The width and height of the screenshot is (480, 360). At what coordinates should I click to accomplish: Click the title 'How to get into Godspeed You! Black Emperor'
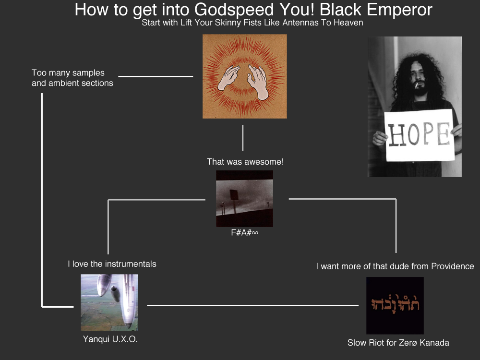(x=253, y=10)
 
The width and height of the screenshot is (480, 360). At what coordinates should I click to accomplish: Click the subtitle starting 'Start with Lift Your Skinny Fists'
(x=252, y=23)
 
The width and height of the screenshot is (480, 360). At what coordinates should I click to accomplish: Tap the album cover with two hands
(x=244, y=76)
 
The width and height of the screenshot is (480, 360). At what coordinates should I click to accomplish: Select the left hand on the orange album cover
(x=229, y=78)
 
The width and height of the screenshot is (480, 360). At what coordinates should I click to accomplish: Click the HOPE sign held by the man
(x=420, y=135)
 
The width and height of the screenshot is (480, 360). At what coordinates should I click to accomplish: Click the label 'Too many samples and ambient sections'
(x=72, y=78)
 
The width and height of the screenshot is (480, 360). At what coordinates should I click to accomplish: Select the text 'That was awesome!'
(x=245, y=162)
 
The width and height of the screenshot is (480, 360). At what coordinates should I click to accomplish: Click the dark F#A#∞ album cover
(x=244, y=198)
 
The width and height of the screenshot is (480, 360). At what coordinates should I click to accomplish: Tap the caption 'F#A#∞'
(x=244, y=234)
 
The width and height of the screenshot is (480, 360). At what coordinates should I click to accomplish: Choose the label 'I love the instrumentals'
(x=112, y=264)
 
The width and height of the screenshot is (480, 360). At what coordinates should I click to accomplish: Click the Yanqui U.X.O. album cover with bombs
(x=109, y=302)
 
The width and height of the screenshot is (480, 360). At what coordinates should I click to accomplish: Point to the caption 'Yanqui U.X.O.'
(x=110, y=339)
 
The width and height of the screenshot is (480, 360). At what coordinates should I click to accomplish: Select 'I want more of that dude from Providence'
(x=395, y=266)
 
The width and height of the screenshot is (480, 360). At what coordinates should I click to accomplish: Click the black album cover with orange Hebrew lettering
(x=395, y=305)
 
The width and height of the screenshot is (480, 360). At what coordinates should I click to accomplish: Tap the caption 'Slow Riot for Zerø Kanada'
(x=398, y=343)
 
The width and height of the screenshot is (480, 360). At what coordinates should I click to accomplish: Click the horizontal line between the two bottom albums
(x=252, y=305)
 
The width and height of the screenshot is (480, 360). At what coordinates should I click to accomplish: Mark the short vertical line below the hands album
(x=243, y=137)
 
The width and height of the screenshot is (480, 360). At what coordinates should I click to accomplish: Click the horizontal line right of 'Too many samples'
(x=156, y=76)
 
